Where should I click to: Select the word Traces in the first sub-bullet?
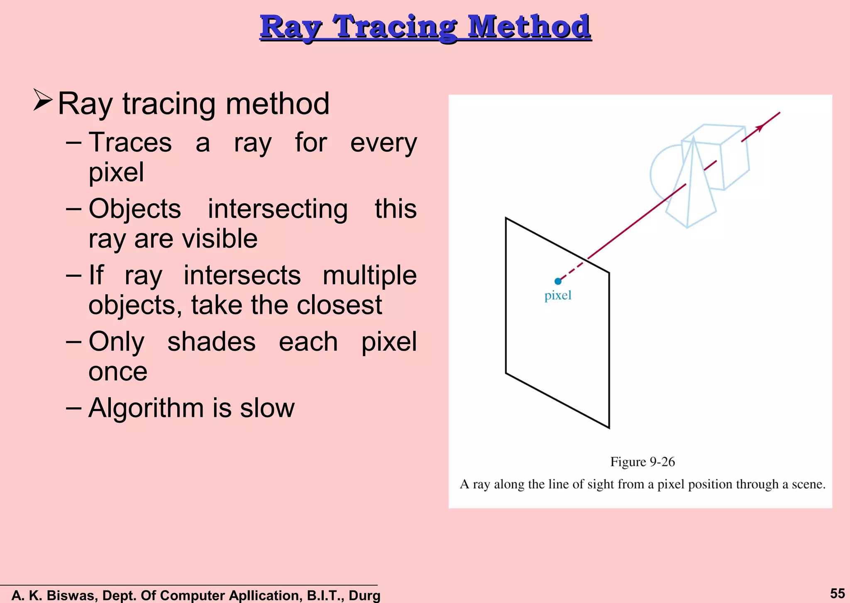point(130,143)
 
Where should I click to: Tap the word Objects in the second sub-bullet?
point(134,209)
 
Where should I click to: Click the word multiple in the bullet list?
point(369,276)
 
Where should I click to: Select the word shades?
point(211,342)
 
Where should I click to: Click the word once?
point(118,372)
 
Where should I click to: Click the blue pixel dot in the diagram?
point(558,281)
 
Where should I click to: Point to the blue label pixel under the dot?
point(558,295)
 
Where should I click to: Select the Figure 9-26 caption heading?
point(642,462)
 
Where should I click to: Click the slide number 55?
point(837,593)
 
